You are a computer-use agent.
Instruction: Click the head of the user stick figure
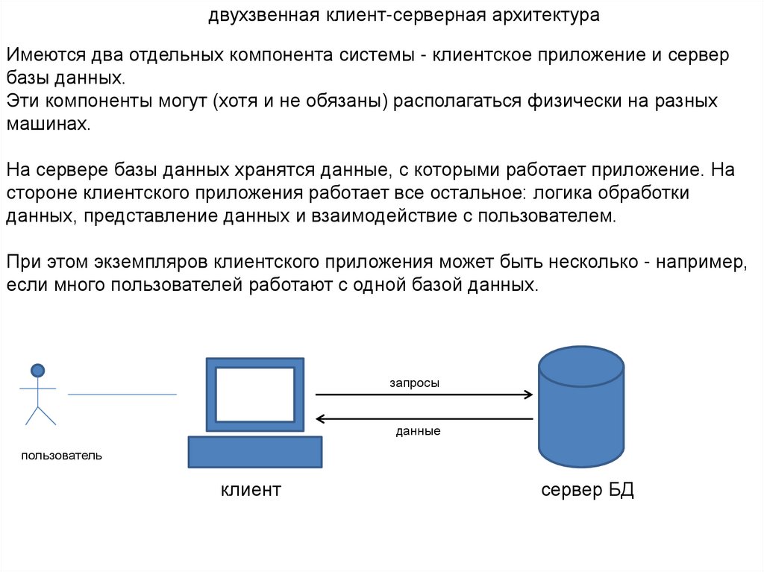[x=37, y=369]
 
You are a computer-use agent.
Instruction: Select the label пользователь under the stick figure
[x=62, y=455]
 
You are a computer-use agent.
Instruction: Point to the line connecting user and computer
[x=122, y=394]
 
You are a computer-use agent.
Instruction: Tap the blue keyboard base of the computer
[x=255, y=452]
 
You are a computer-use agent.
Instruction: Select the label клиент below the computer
[x=251, y=490]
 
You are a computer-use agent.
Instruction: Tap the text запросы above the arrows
[x=414, y=383]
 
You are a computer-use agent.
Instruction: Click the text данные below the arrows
[x=418, y=431]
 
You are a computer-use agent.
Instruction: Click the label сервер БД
[x=587, y=490]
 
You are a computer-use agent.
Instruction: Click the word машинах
[x=48, y=124]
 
